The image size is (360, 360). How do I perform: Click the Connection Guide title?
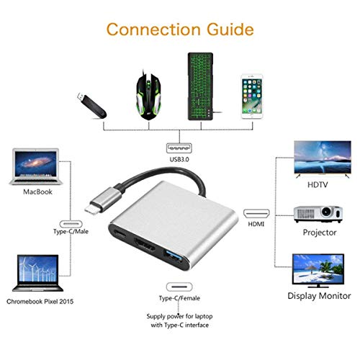point(179,30)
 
